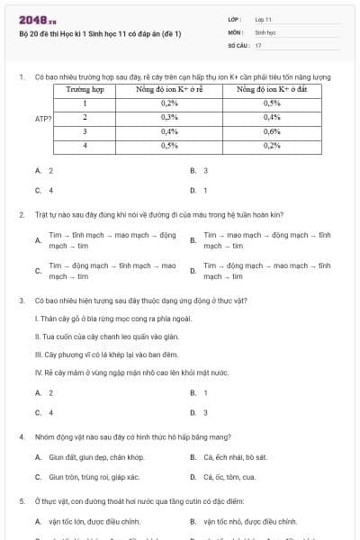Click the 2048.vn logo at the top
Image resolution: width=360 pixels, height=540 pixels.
38,20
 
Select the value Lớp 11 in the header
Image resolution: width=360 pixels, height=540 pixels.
263,19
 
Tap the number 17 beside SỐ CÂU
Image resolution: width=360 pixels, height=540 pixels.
258,44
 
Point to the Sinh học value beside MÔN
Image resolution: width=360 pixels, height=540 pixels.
265,31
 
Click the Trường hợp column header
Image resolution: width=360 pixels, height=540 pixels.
85,90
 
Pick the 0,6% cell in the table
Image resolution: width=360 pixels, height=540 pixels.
272,131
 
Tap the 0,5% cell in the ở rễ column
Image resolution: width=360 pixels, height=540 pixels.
169,146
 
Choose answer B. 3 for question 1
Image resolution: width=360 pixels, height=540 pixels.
199,170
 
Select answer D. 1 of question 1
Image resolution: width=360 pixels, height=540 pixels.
199,190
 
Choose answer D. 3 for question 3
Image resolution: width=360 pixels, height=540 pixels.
199,412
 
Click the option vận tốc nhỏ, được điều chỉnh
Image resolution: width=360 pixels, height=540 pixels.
249,521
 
